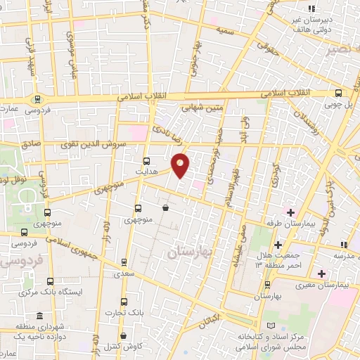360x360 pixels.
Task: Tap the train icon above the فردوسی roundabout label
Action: (36, 99)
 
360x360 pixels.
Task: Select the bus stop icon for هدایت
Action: (146, 160)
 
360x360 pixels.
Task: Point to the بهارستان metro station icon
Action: (267, 285)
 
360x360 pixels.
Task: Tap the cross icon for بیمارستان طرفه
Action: (290, 212)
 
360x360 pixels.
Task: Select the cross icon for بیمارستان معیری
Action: (321, 273)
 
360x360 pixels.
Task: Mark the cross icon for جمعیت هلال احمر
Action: (279, 245)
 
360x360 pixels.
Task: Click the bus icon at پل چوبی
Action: (339, 93)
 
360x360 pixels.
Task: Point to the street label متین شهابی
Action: (203, 108)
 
